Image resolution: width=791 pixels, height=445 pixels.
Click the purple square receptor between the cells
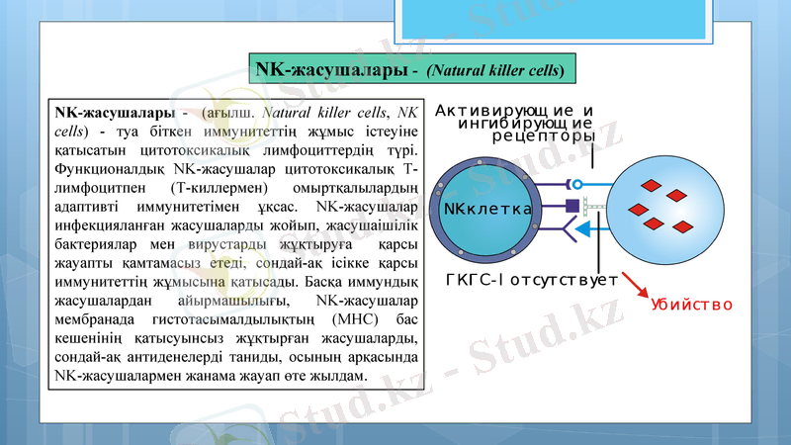[x=571, y=206]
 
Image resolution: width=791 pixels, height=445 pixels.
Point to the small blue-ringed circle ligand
[x=575, y=184]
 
